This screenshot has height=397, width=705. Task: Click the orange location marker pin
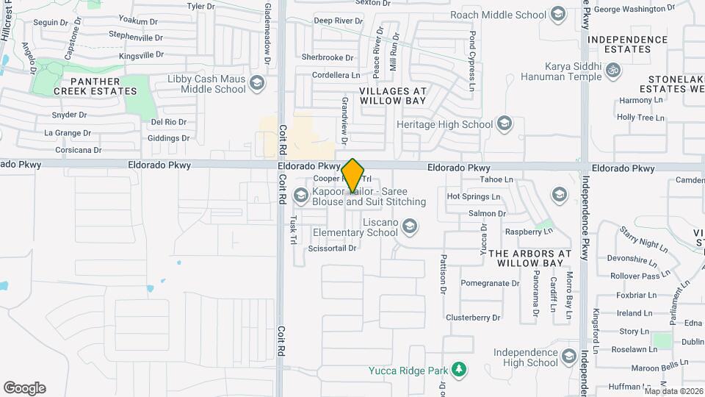353,175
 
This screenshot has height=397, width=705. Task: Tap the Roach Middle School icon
558,14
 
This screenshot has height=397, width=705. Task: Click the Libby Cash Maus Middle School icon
256,82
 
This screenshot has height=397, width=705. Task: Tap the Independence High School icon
568,358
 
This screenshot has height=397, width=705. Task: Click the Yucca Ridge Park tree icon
459,369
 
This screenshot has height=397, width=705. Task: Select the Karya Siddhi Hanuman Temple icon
613,71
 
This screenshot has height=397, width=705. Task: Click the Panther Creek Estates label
104,85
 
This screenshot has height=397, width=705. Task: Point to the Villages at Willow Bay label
393,95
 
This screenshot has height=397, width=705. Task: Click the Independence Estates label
629,44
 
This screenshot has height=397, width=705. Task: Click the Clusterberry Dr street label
473,318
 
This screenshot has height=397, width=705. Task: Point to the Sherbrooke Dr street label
328,57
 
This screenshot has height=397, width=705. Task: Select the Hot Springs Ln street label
474,197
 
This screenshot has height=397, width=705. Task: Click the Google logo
24,388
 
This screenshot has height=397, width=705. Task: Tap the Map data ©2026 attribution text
673,391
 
